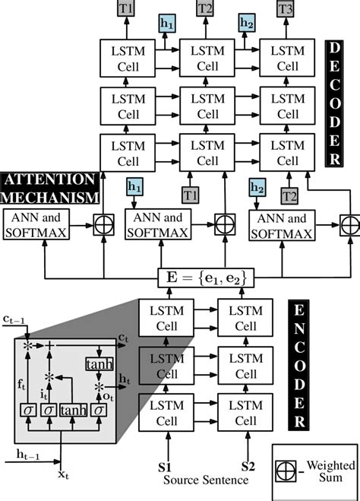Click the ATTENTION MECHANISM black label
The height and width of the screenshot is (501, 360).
(x=50, y=188)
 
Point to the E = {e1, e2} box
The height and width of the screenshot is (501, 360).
(x=206, y=279)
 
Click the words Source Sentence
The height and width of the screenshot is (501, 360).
(x=206, y=480)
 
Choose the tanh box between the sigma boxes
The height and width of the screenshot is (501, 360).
(x=73, y=411)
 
